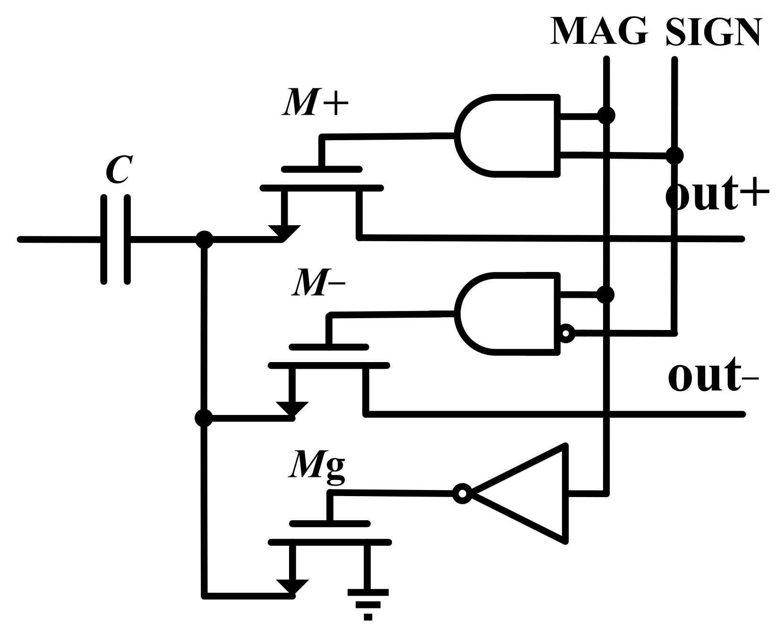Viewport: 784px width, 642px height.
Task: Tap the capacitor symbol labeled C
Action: pos(115,239)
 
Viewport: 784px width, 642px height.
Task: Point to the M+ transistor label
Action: pos(315,102)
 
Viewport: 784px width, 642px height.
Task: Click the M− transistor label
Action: pos(317,283)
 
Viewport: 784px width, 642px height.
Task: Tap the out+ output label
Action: pos(718,195)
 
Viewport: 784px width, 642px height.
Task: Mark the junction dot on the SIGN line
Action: pos(674,155)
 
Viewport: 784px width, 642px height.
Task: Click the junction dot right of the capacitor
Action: pos(204,239)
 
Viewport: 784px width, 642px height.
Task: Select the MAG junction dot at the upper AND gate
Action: pos(606,115)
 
